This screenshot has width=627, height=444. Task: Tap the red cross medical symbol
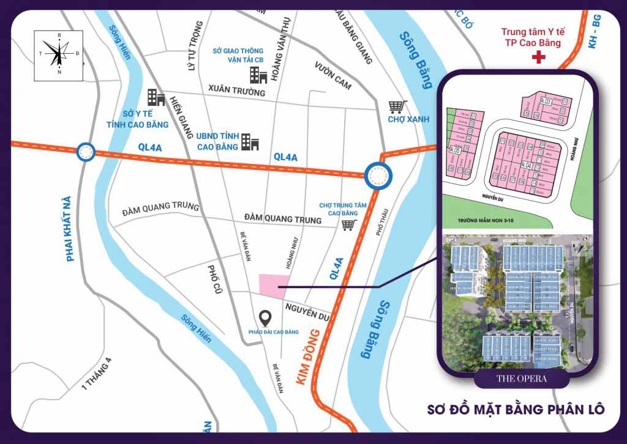539,57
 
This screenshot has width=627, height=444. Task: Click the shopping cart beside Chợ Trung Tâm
349,224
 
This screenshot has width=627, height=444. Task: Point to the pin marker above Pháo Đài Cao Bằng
265,318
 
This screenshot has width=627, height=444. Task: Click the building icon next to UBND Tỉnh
250,142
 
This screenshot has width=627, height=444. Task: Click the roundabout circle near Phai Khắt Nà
85,151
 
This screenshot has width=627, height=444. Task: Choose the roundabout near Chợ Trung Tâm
378,177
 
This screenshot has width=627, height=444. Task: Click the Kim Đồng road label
309,357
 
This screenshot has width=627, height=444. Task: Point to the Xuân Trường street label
237,91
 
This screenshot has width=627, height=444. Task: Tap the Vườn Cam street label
332,76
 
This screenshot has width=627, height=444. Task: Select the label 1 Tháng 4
98,374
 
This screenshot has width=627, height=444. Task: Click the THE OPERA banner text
521,379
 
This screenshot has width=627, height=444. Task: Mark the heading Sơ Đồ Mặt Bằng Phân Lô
516,409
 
